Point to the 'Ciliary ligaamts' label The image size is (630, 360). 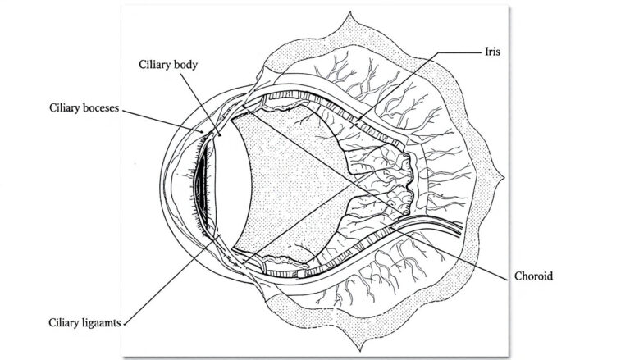coord(82,323)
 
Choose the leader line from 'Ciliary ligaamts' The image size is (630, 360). coord(172,279)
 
